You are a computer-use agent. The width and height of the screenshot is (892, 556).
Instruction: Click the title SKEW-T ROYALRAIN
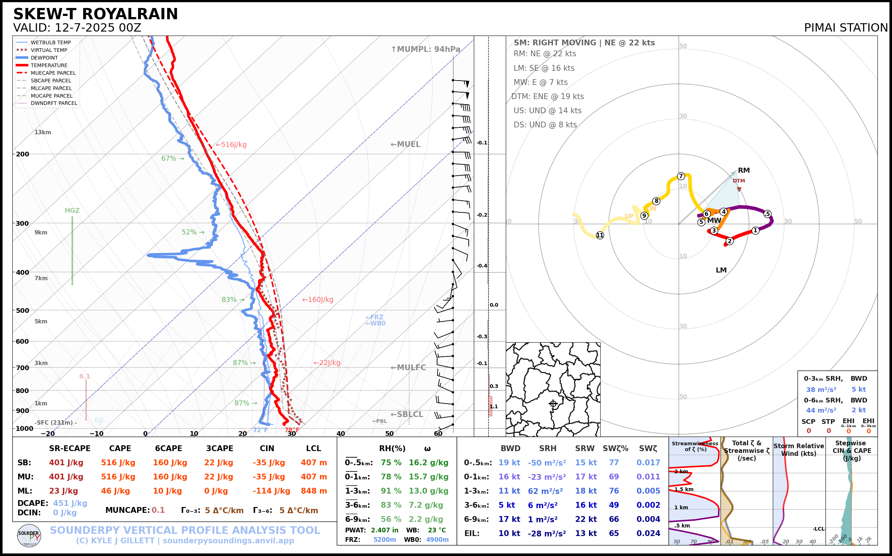[x=95, y=14]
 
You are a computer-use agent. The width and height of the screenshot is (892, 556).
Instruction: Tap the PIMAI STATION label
[x=845, y=28]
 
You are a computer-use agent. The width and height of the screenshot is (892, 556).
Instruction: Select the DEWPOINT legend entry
[x=44, y=58]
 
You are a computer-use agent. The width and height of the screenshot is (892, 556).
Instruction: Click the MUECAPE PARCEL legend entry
[x=53, y=73]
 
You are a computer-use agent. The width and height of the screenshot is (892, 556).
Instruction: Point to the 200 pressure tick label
[x=23, y=154]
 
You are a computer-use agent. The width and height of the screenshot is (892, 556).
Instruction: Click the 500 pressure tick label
[x=23, y=310]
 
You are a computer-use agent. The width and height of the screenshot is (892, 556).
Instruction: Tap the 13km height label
[x=43, y=132]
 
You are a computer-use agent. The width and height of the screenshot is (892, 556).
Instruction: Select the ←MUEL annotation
[x=405, y=144]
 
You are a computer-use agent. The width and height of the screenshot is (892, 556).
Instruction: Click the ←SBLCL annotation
[x=407, y=414]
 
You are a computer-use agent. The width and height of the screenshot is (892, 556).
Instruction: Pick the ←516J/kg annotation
[x=231, y=145]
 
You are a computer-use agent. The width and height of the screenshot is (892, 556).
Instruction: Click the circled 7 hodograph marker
[x=681, y=176]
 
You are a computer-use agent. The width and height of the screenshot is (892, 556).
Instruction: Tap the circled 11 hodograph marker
[x=600, y=235]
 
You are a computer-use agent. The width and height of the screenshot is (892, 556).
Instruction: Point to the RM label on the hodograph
[x=744, y=170]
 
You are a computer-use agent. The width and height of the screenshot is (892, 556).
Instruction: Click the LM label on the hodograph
[x=721, y=270]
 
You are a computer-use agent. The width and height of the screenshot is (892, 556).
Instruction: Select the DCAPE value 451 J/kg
[x=70, y=503]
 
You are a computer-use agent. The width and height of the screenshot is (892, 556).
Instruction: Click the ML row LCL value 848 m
[x=314, y=491]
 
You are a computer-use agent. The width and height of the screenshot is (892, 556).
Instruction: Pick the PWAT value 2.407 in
[x=384, y=530]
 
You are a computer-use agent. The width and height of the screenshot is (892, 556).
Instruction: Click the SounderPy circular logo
[x=29, y=535]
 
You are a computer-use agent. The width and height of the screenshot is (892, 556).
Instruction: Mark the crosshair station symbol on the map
[x=553, y=404]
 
